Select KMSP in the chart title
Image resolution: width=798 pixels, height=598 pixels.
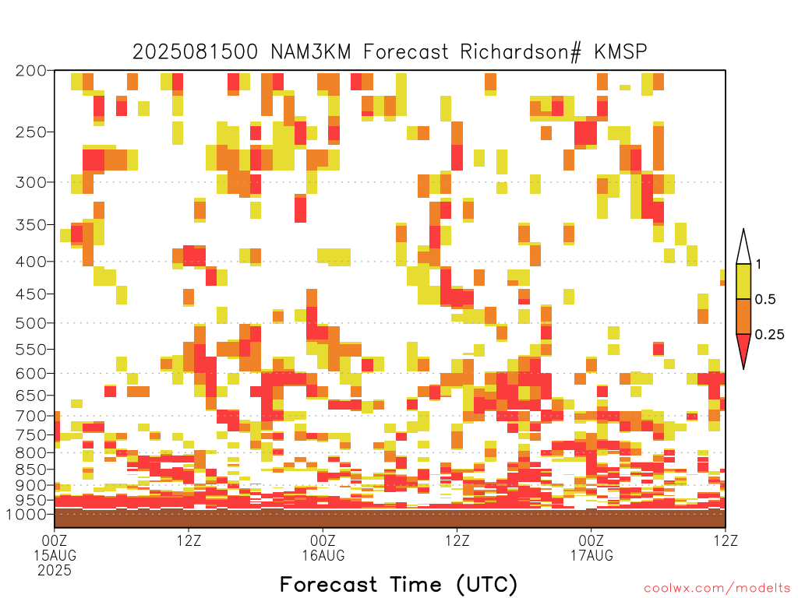point(621,51)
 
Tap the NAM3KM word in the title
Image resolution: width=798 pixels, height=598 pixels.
point(311,51)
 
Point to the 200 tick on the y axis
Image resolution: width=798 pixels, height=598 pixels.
point(30,71)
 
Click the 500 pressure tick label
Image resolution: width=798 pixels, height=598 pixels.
point(30,323)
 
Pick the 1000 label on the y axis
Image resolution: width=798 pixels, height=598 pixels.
point(26,514)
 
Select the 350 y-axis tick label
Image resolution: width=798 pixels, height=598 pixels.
point(30,225)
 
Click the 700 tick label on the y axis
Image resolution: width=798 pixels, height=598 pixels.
point(30,416)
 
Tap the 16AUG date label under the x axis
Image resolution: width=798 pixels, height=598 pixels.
point(323,555)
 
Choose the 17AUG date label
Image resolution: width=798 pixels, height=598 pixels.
point(591,555)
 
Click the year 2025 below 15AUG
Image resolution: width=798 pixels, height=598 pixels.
point(55,571)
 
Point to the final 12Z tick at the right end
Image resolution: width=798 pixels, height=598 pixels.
point(726,540)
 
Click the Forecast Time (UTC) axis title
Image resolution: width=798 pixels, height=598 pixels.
point(398,584)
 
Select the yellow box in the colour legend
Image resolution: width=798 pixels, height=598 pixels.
point(743,281)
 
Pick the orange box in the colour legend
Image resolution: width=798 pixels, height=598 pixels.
point(743,316)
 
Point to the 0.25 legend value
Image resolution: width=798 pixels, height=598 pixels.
point(769,334)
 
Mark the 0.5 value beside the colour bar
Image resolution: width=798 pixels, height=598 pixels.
point(765,299)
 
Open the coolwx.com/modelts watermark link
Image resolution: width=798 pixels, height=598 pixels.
point(717,589)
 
